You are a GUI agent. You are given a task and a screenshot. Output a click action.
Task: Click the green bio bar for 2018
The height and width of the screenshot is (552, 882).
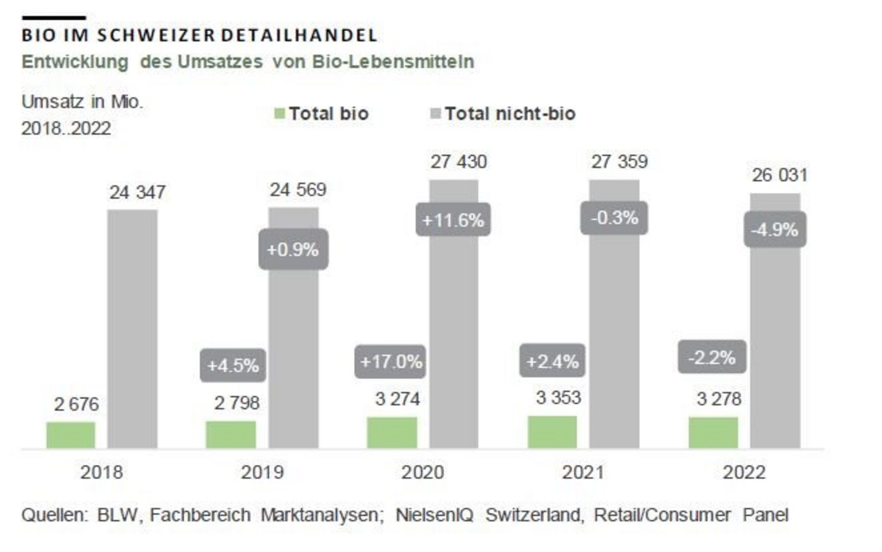(x=71, y=435)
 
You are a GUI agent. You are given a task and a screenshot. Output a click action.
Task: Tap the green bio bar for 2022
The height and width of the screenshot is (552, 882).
(x=713, y=432)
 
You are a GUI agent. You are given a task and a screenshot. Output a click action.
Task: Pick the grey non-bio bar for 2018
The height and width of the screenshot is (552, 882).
(x=132, y=328)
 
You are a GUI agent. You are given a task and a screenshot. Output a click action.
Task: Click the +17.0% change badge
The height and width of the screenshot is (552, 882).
(x=391, y=362)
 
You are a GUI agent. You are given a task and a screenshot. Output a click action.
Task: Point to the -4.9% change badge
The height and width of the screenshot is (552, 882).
(x=774, y=229)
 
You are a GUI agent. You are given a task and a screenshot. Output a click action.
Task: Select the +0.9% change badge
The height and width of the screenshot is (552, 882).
(x=293, y=250)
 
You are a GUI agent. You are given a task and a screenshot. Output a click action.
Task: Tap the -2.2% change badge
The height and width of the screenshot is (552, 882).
(x=712, y=357)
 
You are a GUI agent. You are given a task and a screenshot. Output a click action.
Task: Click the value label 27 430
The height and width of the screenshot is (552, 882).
(x=459, y=162)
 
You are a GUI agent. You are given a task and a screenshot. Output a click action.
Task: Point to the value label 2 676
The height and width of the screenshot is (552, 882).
(x=76, y=404)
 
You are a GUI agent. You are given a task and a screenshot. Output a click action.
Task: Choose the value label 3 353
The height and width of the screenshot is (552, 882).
(x=558, y=398)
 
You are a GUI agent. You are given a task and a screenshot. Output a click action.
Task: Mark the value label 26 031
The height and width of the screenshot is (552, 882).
(x=779, y=175)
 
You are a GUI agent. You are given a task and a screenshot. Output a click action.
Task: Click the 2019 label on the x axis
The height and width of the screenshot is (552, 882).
(x=262, y=472)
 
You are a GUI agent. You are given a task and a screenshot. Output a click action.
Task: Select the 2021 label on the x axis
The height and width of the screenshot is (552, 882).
(x=583, y=472)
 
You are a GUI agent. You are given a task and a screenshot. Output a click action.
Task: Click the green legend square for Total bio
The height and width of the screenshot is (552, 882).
(x=280, y=113)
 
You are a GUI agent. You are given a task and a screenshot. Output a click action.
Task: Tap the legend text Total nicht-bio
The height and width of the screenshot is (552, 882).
(x=510, y=114)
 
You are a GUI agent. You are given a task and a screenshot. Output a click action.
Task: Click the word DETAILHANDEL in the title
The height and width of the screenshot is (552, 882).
(x=299, y=35)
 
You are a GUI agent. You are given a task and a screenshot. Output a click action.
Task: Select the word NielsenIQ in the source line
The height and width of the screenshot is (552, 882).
(x=434, y=515)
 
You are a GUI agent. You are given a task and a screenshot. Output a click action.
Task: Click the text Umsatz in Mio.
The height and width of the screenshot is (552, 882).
(x=83, y=101)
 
